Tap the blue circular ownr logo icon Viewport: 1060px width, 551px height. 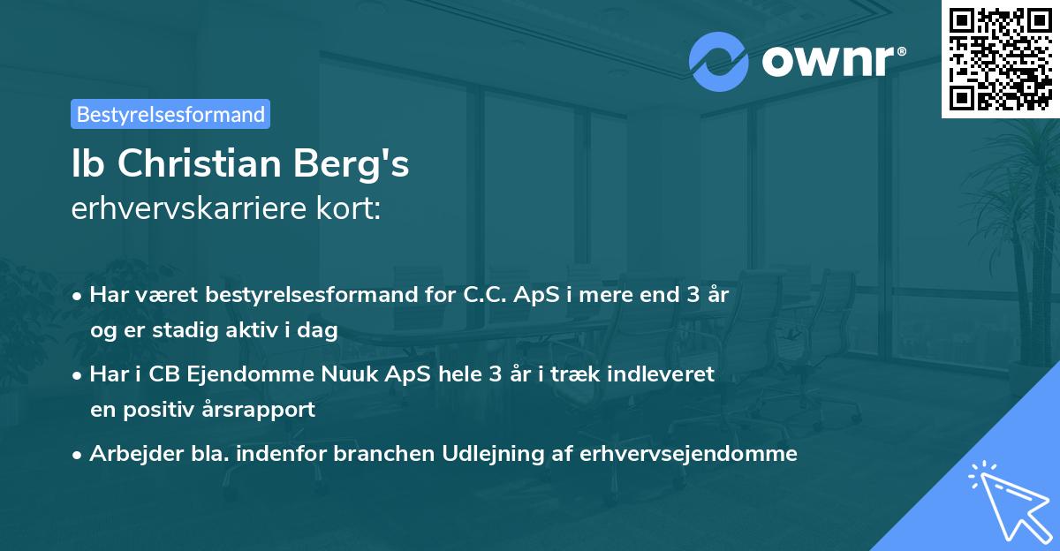point(720,62)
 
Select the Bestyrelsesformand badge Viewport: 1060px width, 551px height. point(170,114)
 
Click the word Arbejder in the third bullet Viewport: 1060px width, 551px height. point(129,454)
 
